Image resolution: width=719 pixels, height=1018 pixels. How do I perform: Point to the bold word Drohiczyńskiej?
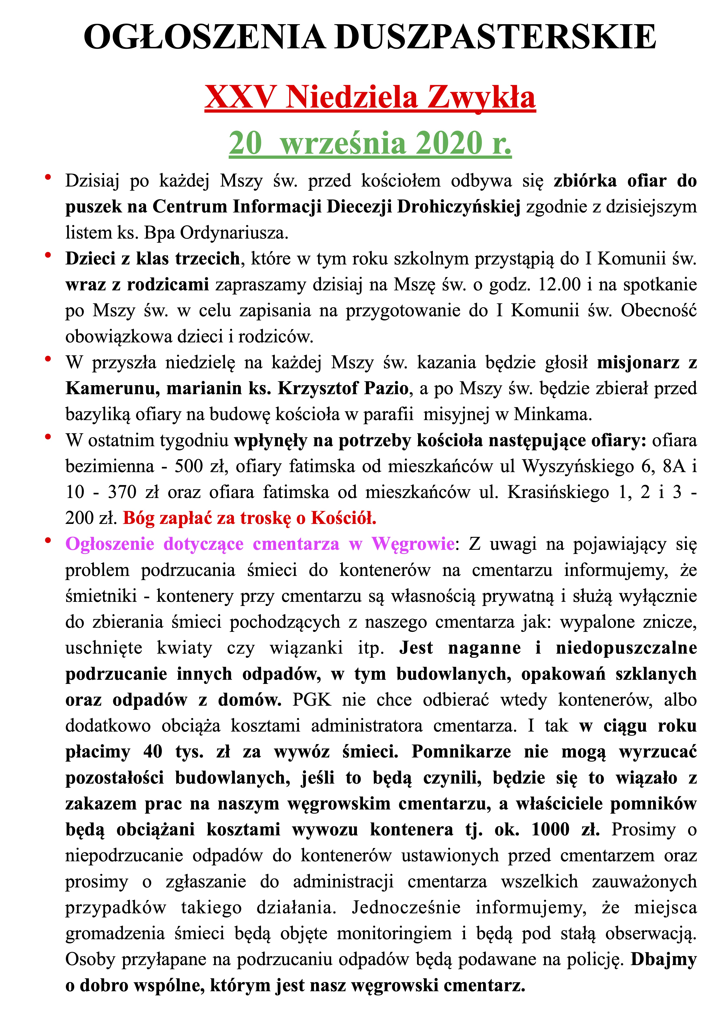[x=459, y=207]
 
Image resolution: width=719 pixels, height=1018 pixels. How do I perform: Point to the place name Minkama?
[x=552, y=415]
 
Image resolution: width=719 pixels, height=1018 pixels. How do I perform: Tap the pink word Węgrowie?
[x=413, y=544]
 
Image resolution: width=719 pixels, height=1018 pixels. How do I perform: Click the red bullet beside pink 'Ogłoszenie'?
[x=48, y=540]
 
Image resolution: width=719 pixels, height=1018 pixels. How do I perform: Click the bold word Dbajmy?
[x=664, y=959]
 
